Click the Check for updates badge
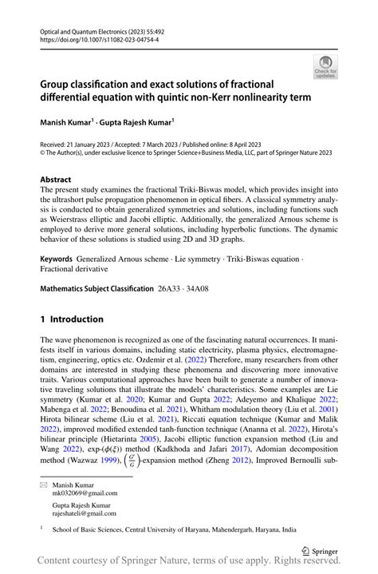click(x=326, y=67)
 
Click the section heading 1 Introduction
click(x=72, y=319)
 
